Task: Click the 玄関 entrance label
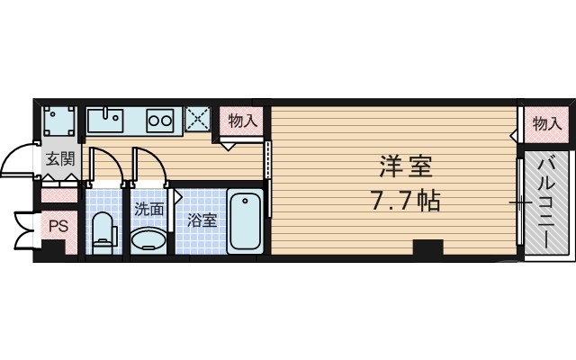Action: (x=61, y=161)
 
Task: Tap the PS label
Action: (x=58, y=226)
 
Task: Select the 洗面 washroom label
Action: (x=149, y=210)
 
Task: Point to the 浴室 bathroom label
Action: (x=202, y=219)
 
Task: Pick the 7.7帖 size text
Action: (x=404, y=200)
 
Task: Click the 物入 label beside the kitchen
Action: (x=242, y=120)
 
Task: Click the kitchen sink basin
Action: (x=107, y=119)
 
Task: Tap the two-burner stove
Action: (x=160, y=119)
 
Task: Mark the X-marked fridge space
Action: (x=197, y=119)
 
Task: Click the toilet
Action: (x=104, y=230)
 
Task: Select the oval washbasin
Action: (x=148, y=238)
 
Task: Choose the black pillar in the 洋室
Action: (x=428, y=247)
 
